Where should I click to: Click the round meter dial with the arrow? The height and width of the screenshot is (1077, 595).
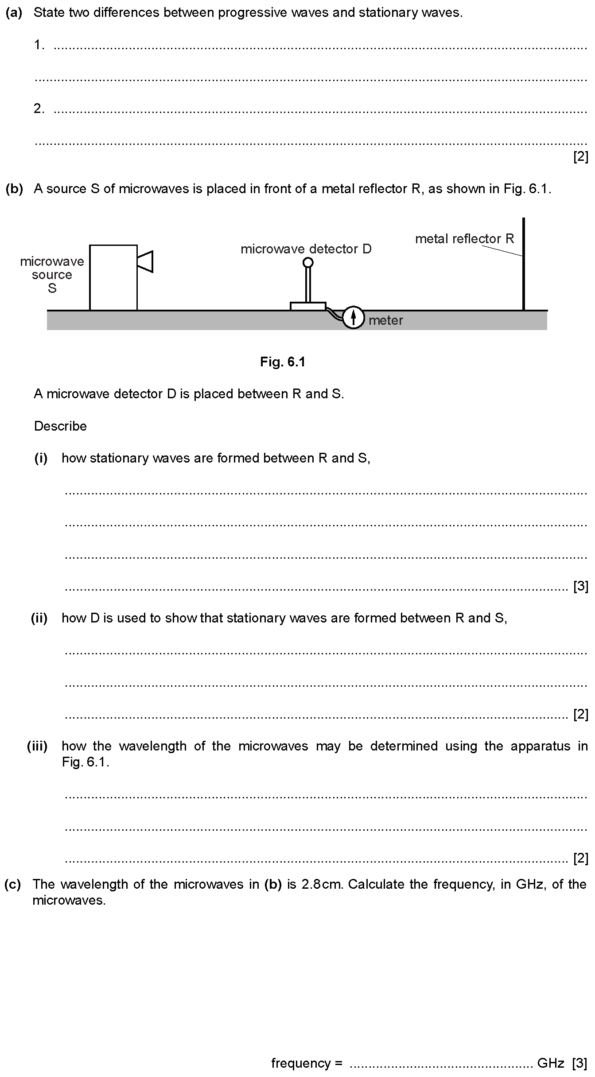tap(353, 317)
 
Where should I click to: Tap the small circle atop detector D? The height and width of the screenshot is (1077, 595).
tap(308, 263)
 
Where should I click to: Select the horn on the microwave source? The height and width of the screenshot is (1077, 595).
tap(145, 261)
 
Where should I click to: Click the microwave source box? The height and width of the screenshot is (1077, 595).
tap(113, 277)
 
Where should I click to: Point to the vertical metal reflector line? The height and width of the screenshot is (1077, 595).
tap(524, 264)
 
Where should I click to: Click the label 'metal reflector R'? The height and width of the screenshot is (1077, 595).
tap(465, 239)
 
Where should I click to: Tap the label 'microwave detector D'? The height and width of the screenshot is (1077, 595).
tap(306, 249)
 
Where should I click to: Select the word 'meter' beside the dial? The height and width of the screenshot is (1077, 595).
tap(386, 320)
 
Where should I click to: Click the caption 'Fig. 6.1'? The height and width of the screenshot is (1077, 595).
tap(283, 362)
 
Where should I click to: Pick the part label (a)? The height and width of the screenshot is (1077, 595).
tap(14, 12)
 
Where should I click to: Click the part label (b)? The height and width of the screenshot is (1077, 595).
tap(14, 189)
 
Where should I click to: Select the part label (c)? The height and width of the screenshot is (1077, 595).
tap(13, 884)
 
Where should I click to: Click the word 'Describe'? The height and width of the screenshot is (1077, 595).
tap(60, 426)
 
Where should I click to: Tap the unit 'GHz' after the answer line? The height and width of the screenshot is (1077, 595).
tap(550, 1063)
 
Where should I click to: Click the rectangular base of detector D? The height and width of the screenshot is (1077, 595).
tap(308, 306)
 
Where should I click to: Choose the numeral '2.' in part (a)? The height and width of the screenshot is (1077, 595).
tap(39, 109)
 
